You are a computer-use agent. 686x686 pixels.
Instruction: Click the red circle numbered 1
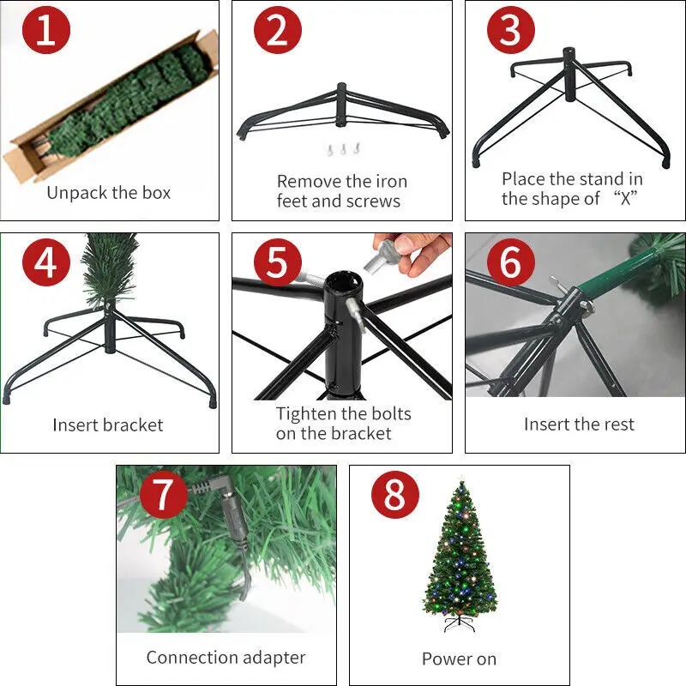pos(46,30)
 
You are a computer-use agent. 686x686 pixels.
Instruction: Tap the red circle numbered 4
pos(46,262)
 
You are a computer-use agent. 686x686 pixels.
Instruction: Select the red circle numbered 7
pos(164,495)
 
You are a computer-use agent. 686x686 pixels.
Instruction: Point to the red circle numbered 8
pos(395,495)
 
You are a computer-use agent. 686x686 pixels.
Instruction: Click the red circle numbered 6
pos(511,262)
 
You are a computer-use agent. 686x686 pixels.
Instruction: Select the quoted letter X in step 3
pos(626,199)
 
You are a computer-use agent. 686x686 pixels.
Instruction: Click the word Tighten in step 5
pos(305,414)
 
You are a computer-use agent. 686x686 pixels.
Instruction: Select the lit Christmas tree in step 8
pos(460,555)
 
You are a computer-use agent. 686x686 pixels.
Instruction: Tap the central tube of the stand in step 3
pos(569,75)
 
